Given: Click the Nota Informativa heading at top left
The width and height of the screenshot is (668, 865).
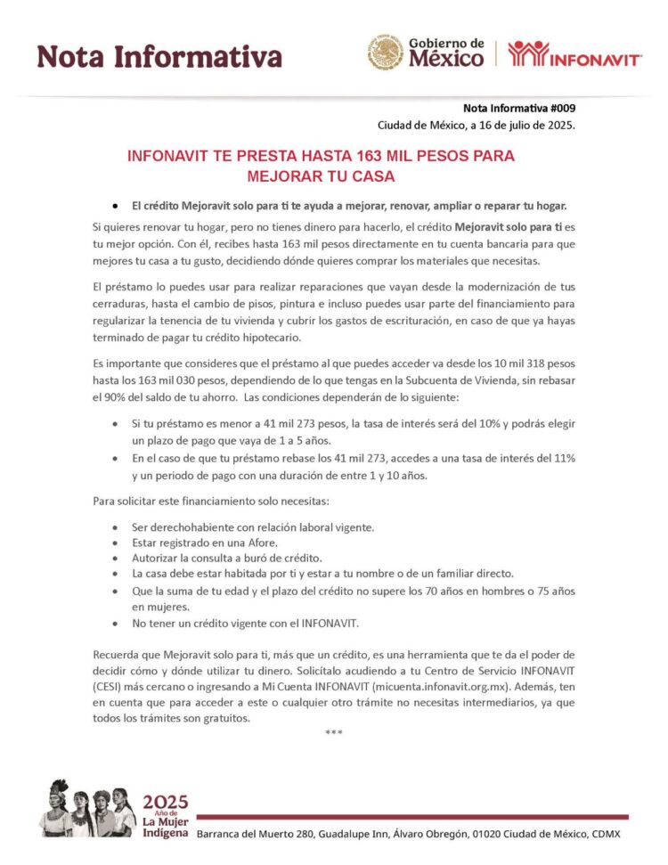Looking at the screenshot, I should click(x=159, y=57).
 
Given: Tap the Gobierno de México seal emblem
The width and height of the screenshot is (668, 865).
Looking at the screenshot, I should click(x=386, y=53).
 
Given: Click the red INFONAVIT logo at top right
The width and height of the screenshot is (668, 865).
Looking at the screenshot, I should click(x=574, y=54).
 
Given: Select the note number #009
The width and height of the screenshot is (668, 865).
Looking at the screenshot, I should click(x=558, y=109).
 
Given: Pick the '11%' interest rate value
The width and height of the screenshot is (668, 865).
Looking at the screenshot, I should click(x=563, y=458).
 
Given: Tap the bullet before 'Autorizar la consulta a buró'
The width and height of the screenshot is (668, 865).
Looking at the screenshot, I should click(x=116, y=557).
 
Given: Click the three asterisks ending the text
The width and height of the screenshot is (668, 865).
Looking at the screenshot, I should click(x=334, y=732).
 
